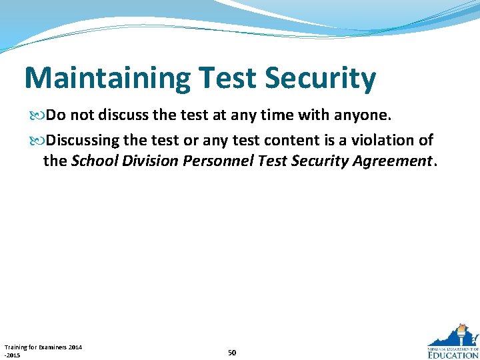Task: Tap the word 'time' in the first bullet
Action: (272, 115)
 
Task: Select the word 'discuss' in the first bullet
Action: (123, 115)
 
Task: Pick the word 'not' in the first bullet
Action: (82, 115)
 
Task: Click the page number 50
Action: (232, 352)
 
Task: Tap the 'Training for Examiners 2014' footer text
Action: (43, 347)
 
